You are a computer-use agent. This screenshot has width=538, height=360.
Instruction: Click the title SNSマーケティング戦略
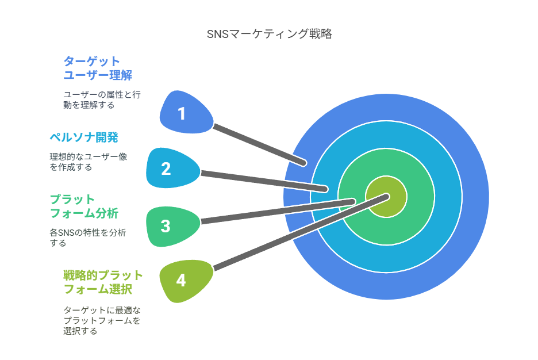pyautogui.click(x=270, y=34)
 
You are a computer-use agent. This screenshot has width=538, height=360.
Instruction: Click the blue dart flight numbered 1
pyautogui.click(x=186, y=113)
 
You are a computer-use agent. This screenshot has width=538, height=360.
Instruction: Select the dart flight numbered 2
pyautogui.click(x=172, y=168)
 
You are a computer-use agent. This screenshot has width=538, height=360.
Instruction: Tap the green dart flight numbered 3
pyautogui.click(x=172, y=226)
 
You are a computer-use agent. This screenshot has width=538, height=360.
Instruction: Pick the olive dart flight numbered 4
pyautogui.click(x=186, y=281)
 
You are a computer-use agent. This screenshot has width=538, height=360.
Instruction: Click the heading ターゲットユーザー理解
pyautogui.click(x=98, y=68)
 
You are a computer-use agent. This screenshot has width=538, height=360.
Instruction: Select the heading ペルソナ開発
pyautogui.click(x=84, y=137)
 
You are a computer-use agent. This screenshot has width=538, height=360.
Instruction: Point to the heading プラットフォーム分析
pyautogui.click(x=84, y=206)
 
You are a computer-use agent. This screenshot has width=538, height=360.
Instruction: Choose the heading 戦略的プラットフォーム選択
pyautogui.click(x=103, y=282)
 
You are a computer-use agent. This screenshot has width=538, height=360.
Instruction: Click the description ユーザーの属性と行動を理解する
pyautogui.click(x=102, y=99)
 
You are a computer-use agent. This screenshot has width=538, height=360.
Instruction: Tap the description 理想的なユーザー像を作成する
pyautogui.click(x=88, y=162)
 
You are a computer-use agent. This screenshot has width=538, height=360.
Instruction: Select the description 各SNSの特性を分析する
pyautogui.click(x=88, y=238)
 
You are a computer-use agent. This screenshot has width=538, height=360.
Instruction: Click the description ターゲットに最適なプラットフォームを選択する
pyautogui.click(x=102, y=320)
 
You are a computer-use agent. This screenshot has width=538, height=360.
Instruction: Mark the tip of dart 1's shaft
pyautogui.click(x=303, y=163)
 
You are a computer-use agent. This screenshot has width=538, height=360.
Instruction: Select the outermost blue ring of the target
pyautogui.click(x=475, y=197)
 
